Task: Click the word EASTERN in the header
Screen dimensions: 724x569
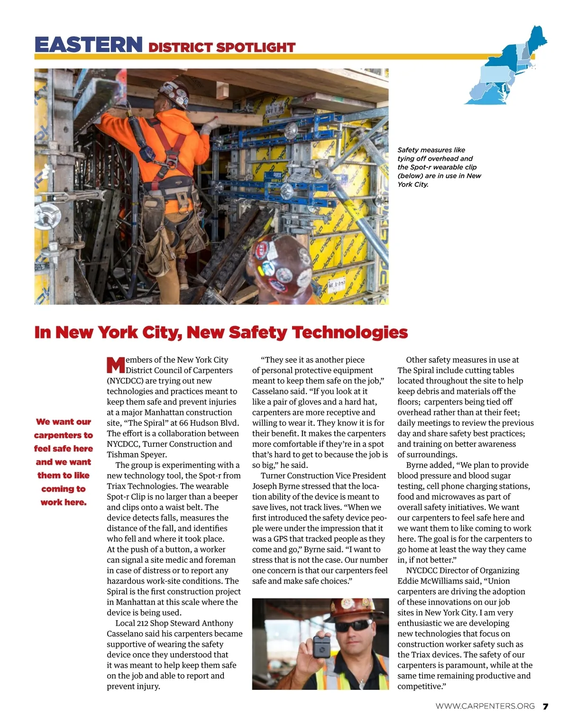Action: coord(88,45)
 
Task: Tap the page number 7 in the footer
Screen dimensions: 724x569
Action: coord(545,706)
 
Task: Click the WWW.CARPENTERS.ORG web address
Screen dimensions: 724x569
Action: coord(485,706)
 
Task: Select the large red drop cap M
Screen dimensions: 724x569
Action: coord(116,366)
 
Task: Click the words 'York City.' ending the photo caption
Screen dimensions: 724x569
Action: coord(413,184)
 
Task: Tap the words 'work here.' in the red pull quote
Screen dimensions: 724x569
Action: coord(64,502)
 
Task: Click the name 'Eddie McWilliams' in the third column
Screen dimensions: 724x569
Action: coord(430,581)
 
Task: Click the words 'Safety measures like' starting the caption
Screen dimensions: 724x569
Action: coord(431,150)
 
